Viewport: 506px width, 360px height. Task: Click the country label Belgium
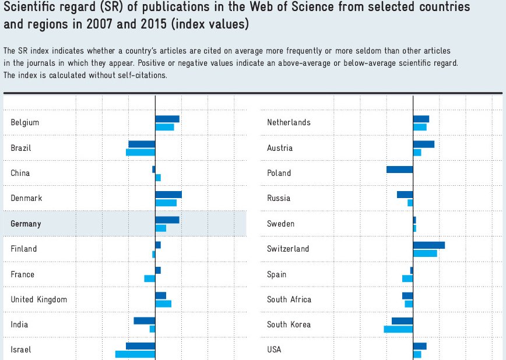24,122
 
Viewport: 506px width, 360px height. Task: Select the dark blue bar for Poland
399,170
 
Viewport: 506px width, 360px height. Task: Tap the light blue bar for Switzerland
424,253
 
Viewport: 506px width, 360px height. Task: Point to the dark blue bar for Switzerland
428,245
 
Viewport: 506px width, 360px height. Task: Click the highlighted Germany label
26,224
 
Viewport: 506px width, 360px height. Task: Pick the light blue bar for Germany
160,228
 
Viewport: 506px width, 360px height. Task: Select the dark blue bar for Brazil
142,144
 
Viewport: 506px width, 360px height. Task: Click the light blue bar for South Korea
398,329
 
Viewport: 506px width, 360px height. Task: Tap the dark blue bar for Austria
423,144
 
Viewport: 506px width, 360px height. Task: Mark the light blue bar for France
149,278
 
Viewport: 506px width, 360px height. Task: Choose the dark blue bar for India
144,320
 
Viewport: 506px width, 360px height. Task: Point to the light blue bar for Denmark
166,203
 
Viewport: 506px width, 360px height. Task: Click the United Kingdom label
38,299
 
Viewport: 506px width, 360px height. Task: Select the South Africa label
289,299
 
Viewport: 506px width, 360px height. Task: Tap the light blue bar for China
158,178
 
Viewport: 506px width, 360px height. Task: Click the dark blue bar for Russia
405,195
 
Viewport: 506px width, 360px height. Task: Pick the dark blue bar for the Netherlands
420,119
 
